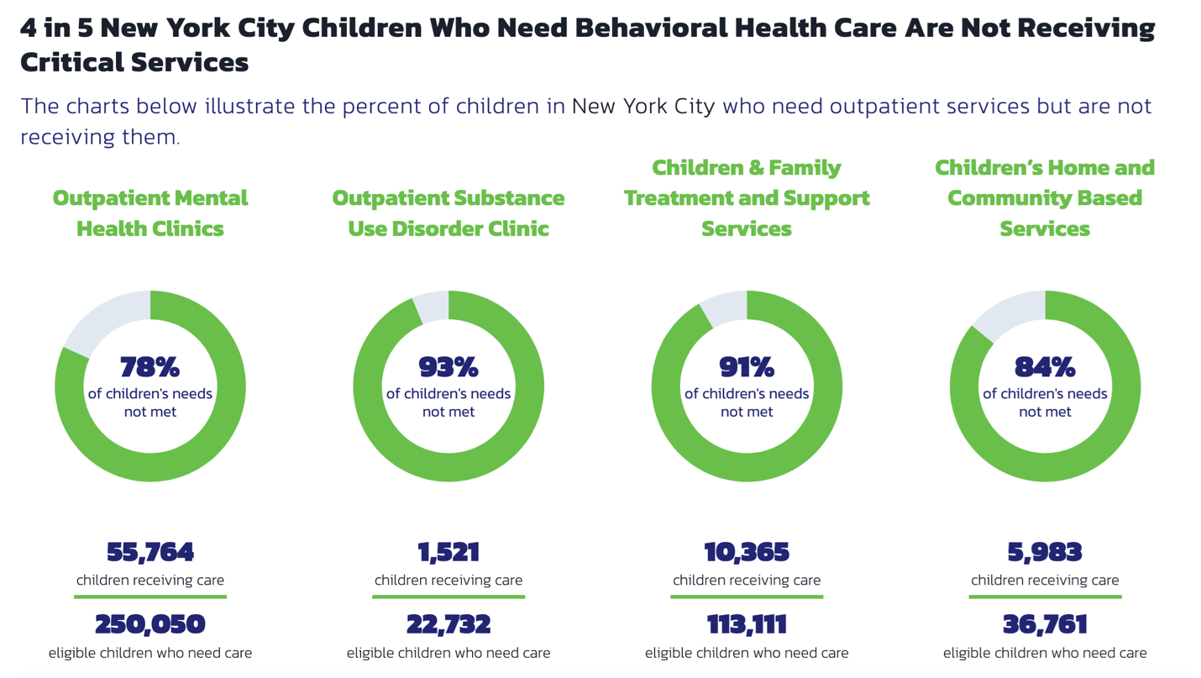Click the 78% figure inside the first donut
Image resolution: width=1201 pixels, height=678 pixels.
149,367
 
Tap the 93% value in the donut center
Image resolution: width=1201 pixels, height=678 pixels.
448,367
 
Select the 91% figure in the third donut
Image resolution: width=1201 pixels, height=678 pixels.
747,367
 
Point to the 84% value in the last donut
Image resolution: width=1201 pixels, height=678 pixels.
1045,367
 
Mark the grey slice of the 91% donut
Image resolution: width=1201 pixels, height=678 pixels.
726,308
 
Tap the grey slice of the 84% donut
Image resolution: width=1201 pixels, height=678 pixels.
1011,313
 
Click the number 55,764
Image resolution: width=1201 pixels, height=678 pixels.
150,552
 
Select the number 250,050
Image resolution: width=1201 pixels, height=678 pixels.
150,625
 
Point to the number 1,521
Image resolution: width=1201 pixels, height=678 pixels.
448,552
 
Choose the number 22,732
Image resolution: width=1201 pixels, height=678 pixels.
448,625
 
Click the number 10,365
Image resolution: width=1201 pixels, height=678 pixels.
747,552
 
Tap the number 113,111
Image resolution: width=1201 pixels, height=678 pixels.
747,625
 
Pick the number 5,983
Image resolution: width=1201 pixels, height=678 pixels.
1045,552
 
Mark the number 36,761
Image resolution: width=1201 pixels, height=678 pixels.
1045,625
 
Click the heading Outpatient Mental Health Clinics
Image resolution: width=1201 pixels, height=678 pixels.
150,213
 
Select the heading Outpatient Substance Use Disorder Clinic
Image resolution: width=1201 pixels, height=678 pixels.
448,213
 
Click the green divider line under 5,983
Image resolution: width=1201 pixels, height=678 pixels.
1045,597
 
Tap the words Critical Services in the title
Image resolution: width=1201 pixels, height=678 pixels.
134,62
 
